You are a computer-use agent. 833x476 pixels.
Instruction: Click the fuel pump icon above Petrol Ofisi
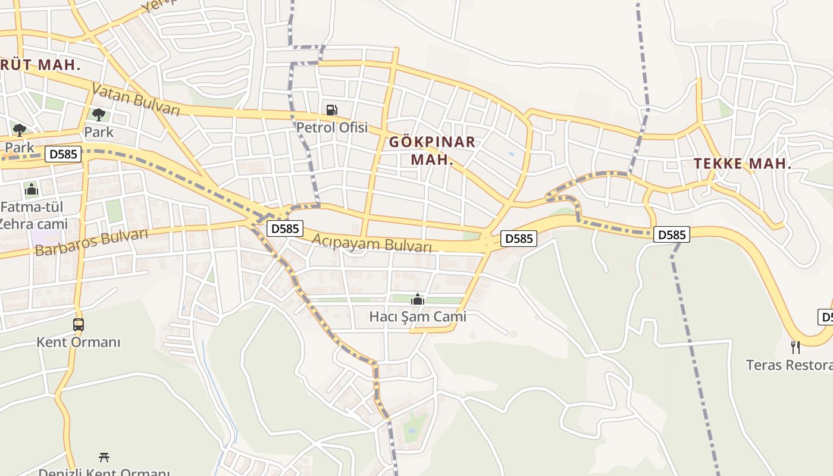331,109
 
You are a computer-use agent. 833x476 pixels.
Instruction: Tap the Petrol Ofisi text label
332,127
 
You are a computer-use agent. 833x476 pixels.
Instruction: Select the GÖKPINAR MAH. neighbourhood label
432,151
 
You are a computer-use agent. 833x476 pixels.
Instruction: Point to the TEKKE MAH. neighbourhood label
743,164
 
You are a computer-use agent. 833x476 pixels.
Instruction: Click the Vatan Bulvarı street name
136,101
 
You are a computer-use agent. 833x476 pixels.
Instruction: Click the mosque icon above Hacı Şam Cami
418,299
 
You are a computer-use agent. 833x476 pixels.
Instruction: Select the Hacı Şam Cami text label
418,317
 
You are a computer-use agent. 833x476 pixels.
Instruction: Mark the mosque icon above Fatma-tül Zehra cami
32,190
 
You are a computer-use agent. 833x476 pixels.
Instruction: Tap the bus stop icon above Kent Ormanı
79,325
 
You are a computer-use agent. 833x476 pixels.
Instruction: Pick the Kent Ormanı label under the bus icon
79,342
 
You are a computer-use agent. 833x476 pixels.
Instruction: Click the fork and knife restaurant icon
795,347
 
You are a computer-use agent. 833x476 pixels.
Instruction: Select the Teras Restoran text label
789,365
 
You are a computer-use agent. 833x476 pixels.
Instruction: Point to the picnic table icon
104,457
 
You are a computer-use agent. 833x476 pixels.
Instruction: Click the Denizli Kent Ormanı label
104,472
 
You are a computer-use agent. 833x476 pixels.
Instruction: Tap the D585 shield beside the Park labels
64,154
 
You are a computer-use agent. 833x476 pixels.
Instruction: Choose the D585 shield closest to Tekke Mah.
672,234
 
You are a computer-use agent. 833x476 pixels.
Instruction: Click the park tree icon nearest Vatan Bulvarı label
99,114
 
